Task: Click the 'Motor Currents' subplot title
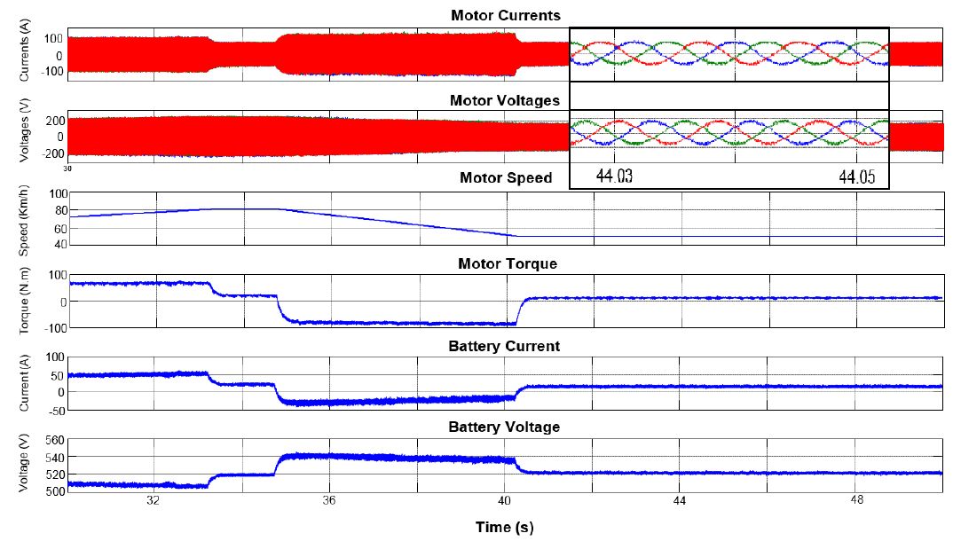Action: coord(505,16)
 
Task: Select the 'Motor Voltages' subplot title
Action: coord(504,100)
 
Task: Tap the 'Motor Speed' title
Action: coord(505,178)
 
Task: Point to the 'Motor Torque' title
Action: coord(508,264)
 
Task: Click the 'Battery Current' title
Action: coord(504,346)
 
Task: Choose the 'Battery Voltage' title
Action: coord(504,427)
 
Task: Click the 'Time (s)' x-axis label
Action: coord(504,527)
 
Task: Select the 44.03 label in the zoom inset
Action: coord(614,176)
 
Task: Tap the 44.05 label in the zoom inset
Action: coord(856,176)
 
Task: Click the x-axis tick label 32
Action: coord(154,500)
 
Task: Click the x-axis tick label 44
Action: coord(679,500)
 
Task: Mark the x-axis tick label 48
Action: coord(855,500)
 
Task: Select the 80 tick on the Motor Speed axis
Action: coord(57,210)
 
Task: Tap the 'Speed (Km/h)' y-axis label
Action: coord(25,218)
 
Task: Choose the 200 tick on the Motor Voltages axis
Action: coord(53,120)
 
